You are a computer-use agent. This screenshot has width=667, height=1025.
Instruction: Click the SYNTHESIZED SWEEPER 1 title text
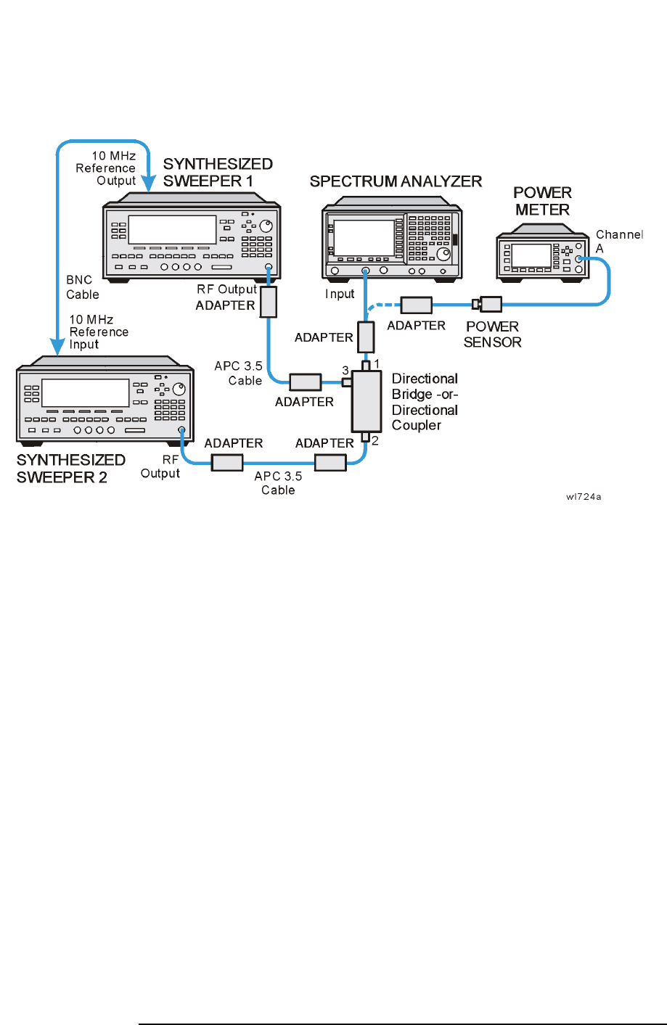point(218,173)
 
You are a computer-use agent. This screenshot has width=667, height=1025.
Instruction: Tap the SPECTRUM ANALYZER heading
point(396,181)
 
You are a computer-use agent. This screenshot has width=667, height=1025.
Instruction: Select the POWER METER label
point(542,201)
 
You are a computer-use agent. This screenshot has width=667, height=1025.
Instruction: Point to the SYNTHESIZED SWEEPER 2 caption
point(71,469)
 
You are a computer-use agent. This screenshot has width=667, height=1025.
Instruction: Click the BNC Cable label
point(82,287)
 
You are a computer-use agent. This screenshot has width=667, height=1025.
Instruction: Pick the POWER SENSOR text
point(492,334)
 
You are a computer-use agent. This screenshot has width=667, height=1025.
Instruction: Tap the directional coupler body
point(367,400)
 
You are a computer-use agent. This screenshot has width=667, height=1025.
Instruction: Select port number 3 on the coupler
point(345,371)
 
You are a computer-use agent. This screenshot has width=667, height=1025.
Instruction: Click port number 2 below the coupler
point(375,440)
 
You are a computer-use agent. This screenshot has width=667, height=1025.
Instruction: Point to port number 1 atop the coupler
point(376,363)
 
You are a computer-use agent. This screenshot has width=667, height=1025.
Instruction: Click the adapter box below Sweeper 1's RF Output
point(269,302)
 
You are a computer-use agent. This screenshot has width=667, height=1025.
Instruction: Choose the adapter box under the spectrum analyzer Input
point(366,337)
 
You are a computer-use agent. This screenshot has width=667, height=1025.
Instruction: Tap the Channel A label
point(618,241)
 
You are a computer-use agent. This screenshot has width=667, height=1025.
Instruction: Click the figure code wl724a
point(584,497)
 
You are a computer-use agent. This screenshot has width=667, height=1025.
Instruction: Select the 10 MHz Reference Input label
point(99,332)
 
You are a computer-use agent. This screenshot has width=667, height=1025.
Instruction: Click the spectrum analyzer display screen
point(364,236)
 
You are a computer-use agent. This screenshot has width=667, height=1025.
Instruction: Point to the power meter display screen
point(531,255)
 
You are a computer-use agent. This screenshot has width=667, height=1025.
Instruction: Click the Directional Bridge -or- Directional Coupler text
point(425,402)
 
